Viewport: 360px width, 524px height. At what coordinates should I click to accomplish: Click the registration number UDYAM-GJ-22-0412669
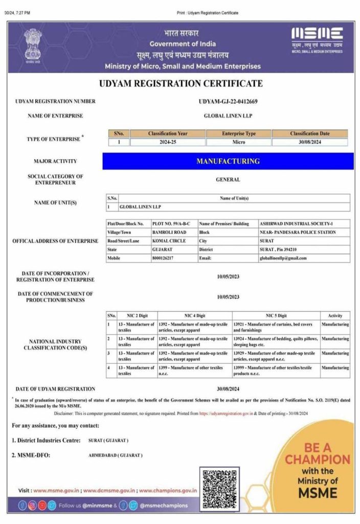228,101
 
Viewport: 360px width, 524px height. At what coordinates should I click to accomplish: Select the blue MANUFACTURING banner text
228,161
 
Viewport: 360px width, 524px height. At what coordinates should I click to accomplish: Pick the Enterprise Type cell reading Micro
239,142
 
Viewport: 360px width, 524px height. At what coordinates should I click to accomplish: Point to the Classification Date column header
310,134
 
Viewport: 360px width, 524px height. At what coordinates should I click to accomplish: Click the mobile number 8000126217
163,258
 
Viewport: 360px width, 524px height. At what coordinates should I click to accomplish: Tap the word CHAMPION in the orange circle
318,459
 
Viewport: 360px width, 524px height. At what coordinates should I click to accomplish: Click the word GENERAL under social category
228,180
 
